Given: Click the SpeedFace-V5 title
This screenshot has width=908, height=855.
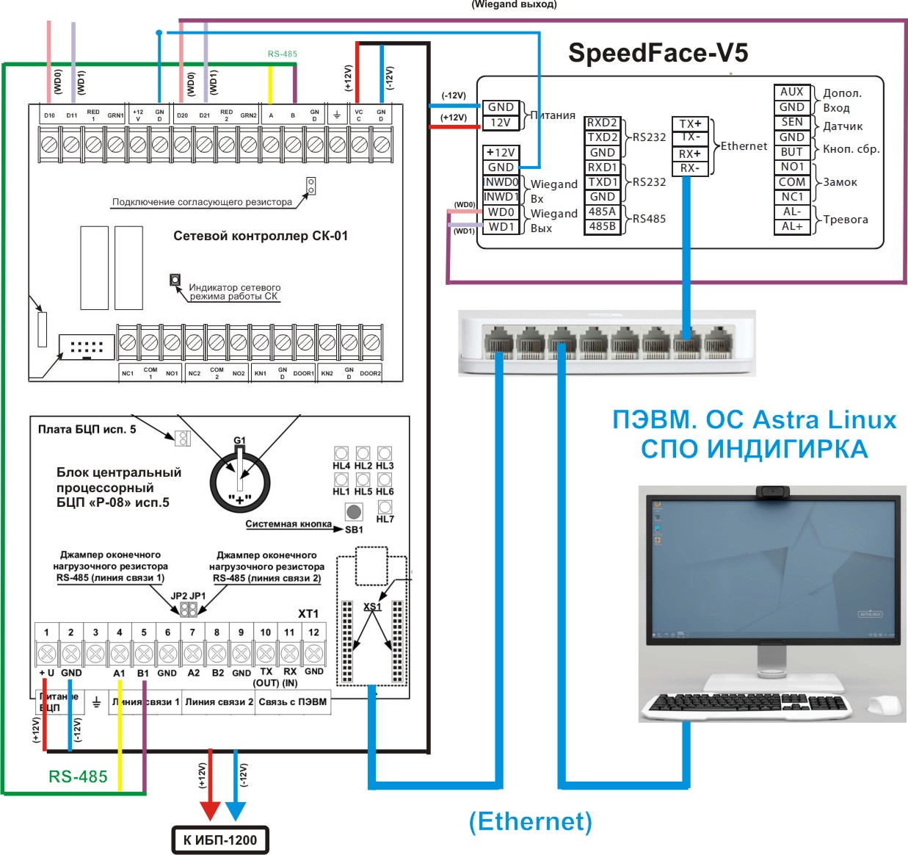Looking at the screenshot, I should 658,53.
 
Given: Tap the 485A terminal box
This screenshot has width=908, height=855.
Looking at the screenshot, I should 602,212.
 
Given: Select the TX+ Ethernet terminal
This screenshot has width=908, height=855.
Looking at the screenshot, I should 689,123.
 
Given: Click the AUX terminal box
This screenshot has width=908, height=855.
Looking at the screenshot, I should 791,92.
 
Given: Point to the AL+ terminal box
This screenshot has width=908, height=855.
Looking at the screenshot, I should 791,226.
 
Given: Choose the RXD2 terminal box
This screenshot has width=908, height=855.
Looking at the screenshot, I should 602,123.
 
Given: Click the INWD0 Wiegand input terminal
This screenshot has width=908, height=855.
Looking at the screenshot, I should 501,182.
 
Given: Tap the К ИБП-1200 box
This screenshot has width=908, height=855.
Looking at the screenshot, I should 220,840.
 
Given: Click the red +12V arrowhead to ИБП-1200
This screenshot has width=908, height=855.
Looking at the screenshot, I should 210,809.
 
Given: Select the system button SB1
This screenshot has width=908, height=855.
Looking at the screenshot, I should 354,512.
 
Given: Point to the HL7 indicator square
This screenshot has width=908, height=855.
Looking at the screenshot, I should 385,507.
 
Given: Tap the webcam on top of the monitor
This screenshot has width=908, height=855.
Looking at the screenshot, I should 773,491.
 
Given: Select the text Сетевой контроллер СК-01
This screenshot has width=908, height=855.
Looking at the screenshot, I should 261,236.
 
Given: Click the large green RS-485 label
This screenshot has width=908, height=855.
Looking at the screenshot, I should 78,776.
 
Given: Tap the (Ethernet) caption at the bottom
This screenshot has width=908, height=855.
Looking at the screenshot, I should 530,821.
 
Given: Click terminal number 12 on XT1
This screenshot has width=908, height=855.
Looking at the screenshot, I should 313,632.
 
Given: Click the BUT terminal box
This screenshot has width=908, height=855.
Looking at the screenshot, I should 791,152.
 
